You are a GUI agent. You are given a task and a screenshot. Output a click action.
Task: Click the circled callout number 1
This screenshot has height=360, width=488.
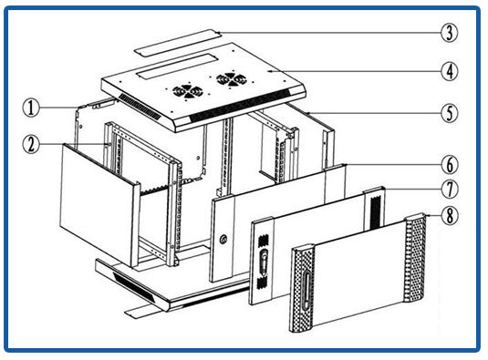coord(31,108)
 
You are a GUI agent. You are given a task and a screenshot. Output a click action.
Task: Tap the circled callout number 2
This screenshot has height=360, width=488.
coord(31,145)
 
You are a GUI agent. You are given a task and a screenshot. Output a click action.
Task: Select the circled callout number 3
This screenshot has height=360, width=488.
coord(450,33)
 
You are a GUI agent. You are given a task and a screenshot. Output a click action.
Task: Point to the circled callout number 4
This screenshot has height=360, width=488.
coord(450,71)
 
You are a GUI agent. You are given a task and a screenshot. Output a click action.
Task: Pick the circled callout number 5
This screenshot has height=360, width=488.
coord(450,113)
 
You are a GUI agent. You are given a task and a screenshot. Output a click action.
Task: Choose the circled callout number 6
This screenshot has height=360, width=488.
coord(450,165)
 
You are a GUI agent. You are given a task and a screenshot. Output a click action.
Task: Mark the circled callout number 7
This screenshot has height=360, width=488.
coord(450,190)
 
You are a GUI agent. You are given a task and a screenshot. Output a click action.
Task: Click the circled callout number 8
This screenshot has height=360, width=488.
coord(450,215)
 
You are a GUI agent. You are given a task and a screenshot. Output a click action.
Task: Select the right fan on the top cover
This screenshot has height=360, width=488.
coord(232,79)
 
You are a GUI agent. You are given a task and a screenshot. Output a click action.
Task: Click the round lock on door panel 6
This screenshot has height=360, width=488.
coord(223,240)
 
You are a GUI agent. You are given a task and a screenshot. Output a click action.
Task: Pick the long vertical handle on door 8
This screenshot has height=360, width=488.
coord(306,290)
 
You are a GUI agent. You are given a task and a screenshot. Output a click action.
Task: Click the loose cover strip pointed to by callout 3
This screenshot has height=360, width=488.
coord(178,43)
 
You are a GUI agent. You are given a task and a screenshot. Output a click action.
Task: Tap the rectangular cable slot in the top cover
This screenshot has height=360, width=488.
coord(176,66)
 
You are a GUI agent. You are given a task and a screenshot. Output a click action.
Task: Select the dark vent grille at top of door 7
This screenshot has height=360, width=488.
coord(375,211)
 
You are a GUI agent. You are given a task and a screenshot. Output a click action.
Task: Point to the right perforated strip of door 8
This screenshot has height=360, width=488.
coord(415,258)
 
